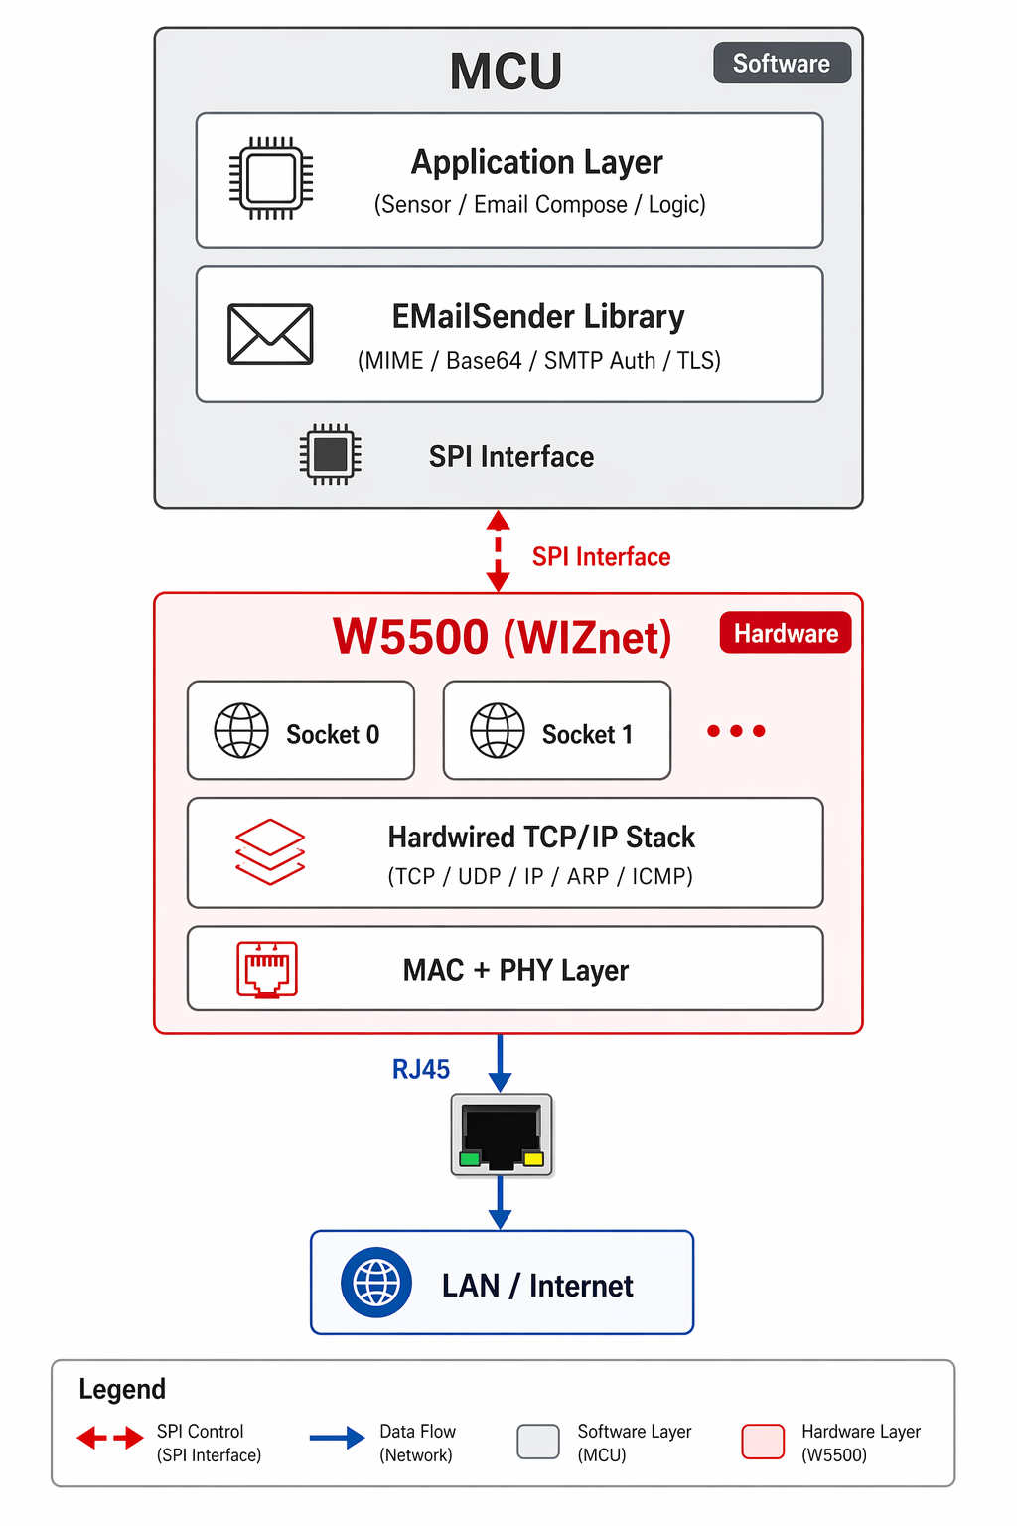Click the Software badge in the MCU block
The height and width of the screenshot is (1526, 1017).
pos(782,63)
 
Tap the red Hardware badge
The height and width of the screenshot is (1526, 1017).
pos(785,633)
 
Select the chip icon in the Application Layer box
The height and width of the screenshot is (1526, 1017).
pos(271,179)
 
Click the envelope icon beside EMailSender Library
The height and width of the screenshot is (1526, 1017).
pos(270,334)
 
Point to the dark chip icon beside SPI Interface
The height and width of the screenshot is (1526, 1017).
pos(330,455)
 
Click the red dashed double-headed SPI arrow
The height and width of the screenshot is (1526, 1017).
pos(499,551)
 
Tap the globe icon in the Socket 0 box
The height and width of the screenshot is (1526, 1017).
pos(241,731)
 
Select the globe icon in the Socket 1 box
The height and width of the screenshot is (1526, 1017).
pos(498,731)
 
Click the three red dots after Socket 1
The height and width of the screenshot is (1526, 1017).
pos(736,731)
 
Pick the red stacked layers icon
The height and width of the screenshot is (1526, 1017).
pos(270,851)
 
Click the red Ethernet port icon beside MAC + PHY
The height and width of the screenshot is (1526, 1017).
pos(267,969)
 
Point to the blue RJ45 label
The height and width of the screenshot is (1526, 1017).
pos(421,1069)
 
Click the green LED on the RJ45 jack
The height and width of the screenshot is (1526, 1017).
pos(470,1158)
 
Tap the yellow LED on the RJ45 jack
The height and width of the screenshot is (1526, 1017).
pos(533,1158)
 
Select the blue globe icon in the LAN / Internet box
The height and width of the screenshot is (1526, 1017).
pos(376,1283)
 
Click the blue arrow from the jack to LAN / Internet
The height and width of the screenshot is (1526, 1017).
pos(501,1203)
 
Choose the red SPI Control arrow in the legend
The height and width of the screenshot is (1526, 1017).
pos(110,1438)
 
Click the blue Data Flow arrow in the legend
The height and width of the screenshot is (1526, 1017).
pos(337,1438)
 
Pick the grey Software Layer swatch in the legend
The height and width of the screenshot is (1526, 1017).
pos(538,1442)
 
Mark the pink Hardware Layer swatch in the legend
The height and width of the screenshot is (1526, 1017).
pos(763,1442)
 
